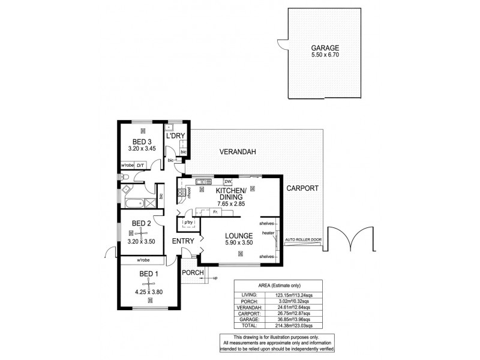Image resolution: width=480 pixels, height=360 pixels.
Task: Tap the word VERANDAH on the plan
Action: pos(237,152)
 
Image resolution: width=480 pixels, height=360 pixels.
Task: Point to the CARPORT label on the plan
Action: pos(302,188)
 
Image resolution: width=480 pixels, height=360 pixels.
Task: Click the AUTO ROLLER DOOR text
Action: pos(304,239)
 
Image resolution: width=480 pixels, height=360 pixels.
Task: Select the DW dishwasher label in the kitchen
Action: pos(227,182)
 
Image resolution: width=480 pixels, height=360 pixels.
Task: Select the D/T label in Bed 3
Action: pos(140,165)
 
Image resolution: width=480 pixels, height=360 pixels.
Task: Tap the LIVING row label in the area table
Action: pos(251,295)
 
